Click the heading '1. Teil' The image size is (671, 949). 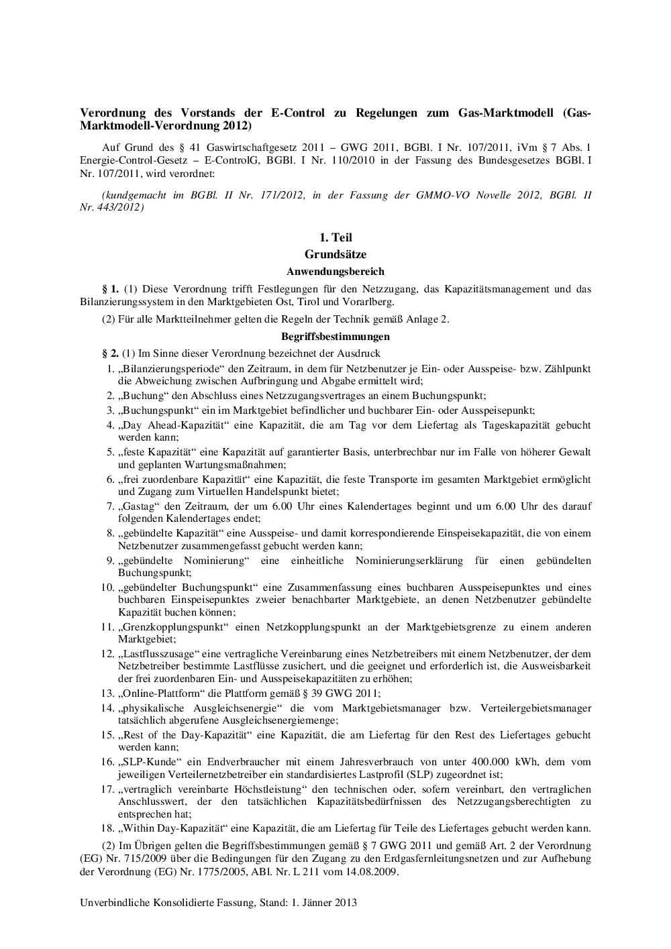[x=335, y=237]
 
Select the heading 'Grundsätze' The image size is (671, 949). [x=335, y=254]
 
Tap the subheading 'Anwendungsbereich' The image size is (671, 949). [x=335, y=272]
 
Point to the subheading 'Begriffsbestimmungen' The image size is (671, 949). [x=335, y=337]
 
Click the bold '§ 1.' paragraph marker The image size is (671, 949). [x=110, y=289]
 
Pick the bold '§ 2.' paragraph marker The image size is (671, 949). [x=110, y=353]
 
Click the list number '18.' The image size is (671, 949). [x=108, y=828]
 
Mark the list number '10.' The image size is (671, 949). [x=108, y=587]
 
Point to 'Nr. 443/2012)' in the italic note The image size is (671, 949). [x=111, y=207]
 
